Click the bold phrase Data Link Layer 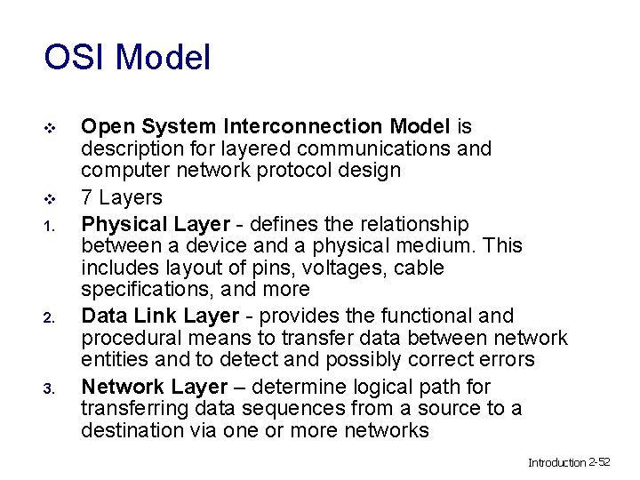click(x=160, y=316)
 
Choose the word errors click(x=507, y=359)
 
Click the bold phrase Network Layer click(x=155, y=387)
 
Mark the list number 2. click(x=50, y=317)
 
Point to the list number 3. click(x=50, y=388)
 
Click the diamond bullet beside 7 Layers click(x=50, y=198)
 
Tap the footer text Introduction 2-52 click(x=569, y=462)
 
